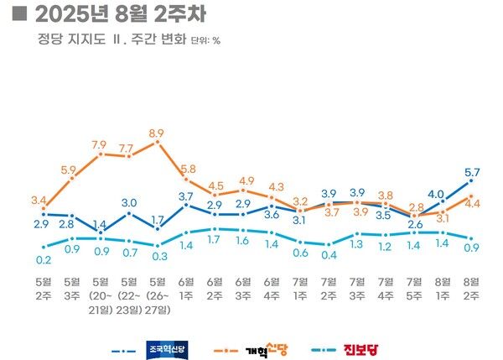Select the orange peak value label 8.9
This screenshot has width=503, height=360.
156,133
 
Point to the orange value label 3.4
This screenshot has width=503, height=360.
40,201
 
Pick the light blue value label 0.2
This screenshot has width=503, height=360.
42,260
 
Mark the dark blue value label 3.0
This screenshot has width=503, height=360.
128,202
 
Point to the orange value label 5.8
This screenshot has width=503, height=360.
187,170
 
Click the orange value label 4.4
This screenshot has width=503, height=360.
473,204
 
